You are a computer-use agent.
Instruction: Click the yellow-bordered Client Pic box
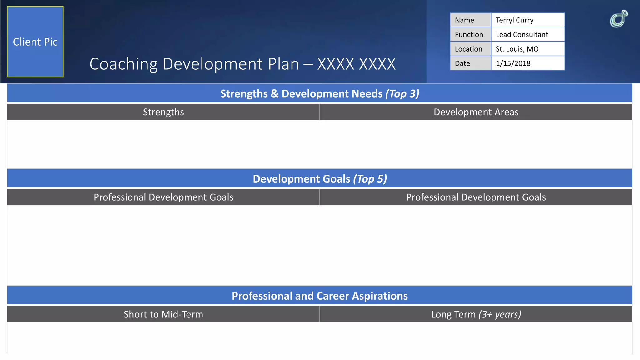click(35, 42)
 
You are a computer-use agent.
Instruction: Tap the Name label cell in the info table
click(470, 20)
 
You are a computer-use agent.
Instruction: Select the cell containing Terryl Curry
click(527, 20)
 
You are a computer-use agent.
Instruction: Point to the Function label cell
click(470, 35)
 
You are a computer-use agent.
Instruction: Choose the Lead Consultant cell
click(527, 35)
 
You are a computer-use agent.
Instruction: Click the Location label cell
click(470, 49)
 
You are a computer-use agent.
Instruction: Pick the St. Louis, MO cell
click(527, 49)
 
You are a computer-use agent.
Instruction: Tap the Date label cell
click(470, 63)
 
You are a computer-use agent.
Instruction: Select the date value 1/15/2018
click(527, 63)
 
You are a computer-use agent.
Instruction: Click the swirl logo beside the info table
click(619, 19)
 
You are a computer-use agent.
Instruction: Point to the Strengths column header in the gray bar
click(163, 112)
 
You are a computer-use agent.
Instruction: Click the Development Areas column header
click(476, 112)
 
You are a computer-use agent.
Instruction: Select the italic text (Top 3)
click(402, 94)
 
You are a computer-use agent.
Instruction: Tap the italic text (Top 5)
click(370, 179)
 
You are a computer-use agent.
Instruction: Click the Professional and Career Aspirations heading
click(320, 296)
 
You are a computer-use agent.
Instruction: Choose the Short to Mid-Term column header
click(163, 314)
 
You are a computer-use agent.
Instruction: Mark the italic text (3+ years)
click(500, 314)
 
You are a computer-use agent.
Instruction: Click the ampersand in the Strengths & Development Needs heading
click(275, 94)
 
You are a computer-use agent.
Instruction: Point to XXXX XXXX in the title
click(356, 64)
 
